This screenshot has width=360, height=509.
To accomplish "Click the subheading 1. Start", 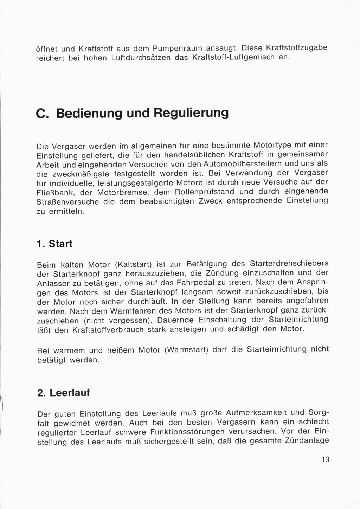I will [54, 244].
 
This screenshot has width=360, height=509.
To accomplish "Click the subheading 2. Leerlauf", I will [63, 393].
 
